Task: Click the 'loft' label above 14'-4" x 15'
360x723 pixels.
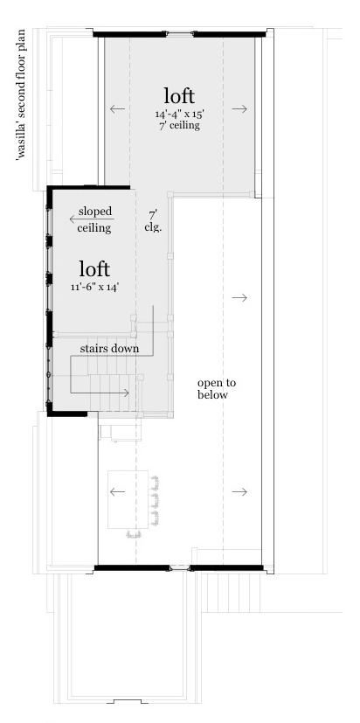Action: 178,94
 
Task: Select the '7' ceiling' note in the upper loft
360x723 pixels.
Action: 178,125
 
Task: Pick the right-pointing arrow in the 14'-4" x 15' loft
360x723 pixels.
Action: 239,109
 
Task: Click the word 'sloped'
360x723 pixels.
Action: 95,212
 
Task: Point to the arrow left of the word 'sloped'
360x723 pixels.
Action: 66,219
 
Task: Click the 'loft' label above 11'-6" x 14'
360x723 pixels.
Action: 93,266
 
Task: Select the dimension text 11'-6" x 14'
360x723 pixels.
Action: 93,287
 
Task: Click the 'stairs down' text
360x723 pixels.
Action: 110,348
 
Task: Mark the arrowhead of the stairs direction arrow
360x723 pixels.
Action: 128,393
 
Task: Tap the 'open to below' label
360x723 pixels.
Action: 217,389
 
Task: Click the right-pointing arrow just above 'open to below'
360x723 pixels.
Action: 239,298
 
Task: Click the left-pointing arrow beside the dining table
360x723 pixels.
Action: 116,491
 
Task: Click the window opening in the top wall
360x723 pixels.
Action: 178,34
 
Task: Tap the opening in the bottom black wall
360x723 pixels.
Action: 178,568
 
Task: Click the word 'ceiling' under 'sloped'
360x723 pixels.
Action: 93,227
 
